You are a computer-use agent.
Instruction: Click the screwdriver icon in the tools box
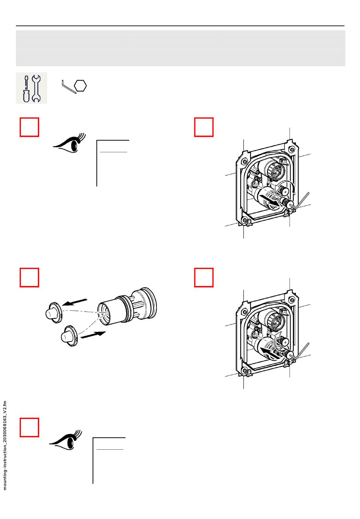point(26,88)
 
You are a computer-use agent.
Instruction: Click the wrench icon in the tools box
point(36,88)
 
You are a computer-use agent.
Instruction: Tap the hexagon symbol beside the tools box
point(81,86)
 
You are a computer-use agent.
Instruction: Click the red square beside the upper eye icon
point(29,127)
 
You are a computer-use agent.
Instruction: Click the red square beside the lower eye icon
point(29,427)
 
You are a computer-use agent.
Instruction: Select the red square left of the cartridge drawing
point(29,278)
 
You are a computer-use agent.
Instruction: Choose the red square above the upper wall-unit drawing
point(204,127)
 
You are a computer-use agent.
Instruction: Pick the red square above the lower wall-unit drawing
point(204,278)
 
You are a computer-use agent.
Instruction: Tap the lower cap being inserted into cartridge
point(69,335)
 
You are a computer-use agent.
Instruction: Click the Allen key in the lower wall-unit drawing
point(303,350)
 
